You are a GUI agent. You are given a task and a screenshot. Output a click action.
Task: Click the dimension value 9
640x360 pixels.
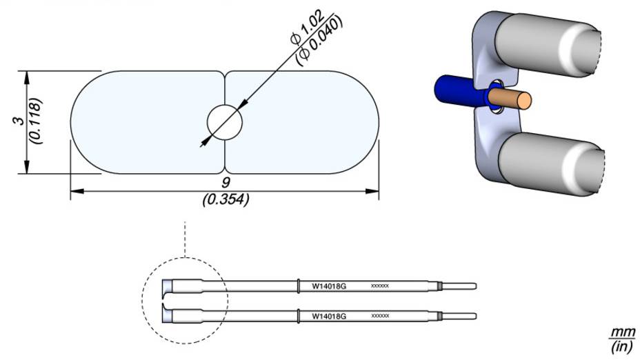pos(226,183)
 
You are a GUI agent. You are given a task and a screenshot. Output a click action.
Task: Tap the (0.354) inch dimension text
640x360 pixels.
pos(226,201)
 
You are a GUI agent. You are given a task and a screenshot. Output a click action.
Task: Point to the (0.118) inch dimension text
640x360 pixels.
pos(36,121)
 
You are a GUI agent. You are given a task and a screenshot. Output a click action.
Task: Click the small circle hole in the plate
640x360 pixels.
pos(225,123)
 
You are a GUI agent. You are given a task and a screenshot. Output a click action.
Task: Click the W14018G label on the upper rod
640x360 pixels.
pos(329,286)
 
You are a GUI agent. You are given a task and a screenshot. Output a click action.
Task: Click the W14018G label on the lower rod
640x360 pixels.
pos(329,316)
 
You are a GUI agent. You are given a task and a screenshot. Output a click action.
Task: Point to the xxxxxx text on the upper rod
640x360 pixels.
pos(380,286)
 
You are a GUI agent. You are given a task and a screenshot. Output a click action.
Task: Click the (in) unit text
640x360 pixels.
pos(626,346)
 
